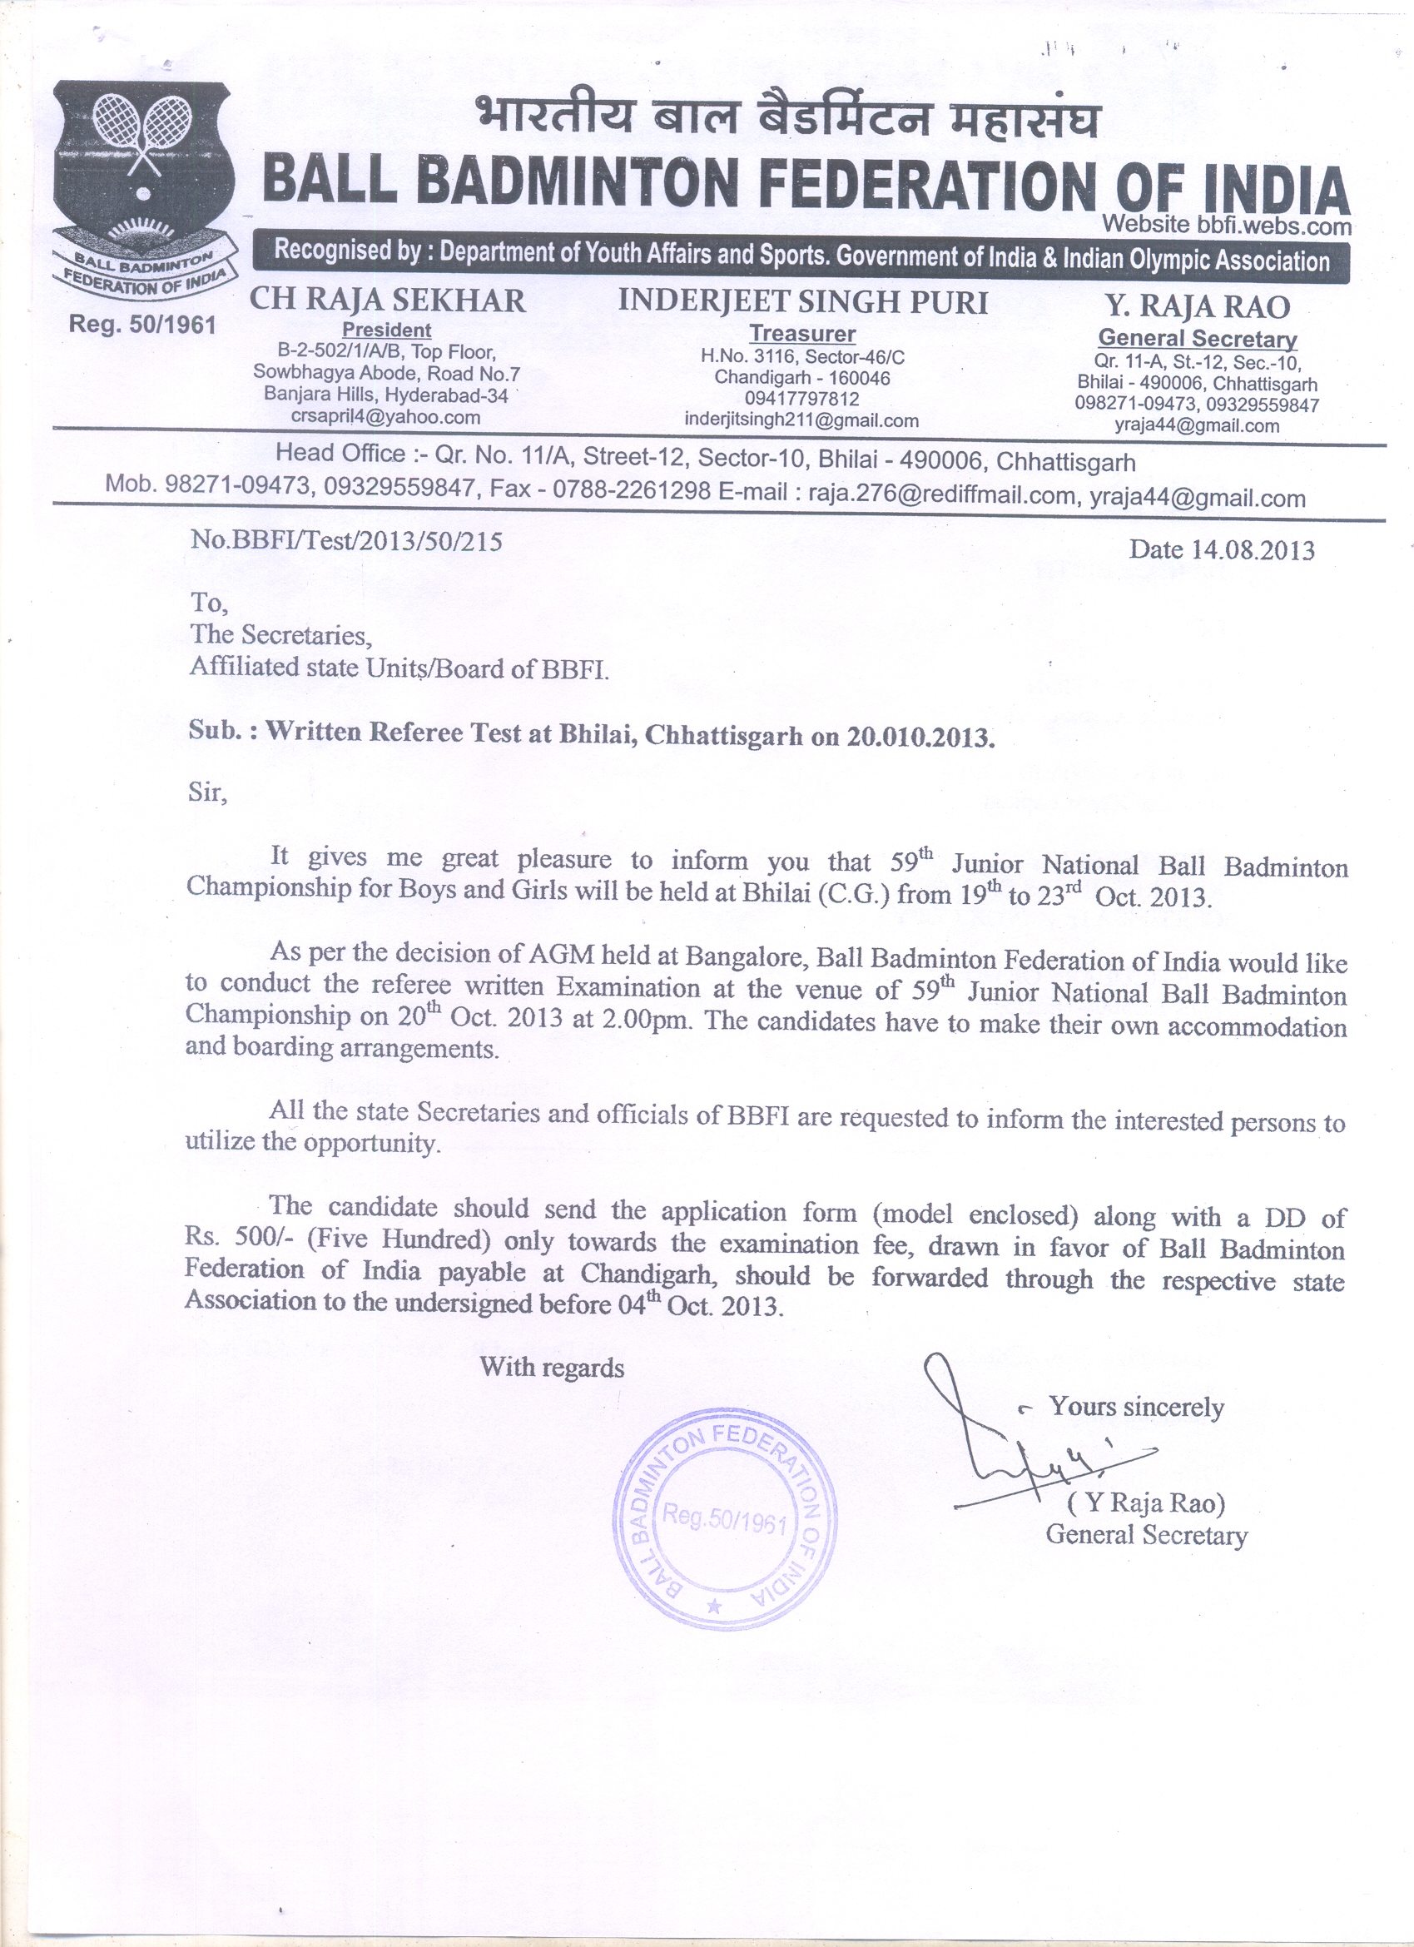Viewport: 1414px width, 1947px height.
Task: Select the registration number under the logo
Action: (142, 325)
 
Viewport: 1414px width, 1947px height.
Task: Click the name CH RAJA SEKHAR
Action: (387, 301)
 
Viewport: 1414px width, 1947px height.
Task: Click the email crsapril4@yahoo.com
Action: (385, 417)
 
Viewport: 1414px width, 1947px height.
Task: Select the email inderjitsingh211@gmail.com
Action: (801, 420)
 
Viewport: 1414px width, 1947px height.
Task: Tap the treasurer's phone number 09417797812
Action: (801, 400)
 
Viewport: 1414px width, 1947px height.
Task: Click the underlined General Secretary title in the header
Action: (1198, 338)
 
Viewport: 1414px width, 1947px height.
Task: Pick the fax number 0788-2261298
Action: (631, 490)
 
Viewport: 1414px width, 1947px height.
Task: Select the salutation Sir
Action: (207, 792)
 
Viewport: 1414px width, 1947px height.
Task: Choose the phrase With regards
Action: (551, 1367)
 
